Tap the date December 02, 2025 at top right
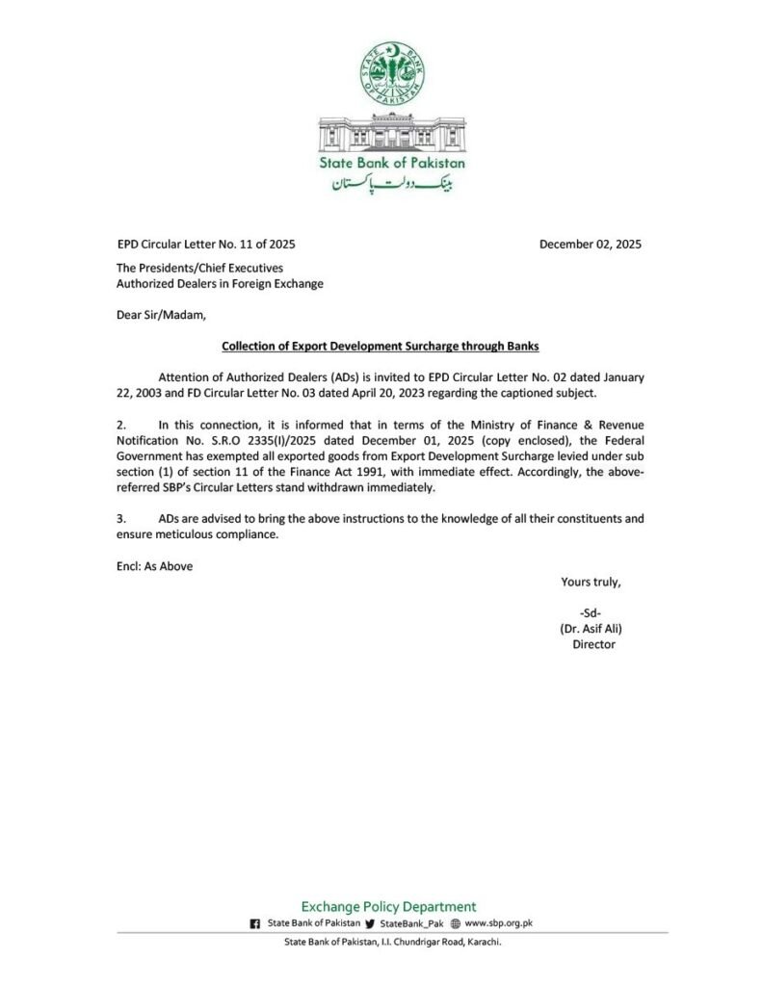tap(590, 245)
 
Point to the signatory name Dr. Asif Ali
tap(591, 628)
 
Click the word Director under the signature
tap(593, 644)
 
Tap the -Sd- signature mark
tap(591, 612)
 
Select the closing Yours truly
tap(591, 582)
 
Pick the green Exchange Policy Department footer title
tap(388, 906)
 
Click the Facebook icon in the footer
tap(255, 923)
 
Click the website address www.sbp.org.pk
tap(499, 922)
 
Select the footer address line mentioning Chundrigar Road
tap(392, 942)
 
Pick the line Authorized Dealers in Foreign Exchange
tap(220, 284)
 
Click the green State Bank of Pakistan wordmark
tap(391, 163)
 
